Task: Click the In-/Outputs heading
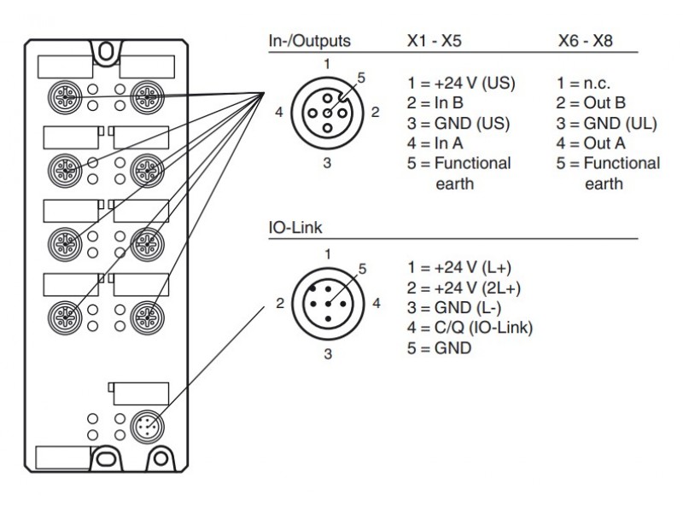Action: click(308, 40)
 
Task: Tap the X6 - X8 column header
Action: click(587, 40)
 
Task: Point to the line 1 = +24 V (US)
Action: click(462, 84)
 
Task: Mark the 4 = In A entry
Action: click(438, 143)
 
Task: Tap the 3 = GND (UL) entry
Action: click(605, 124)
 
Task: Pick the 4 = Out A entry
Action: click(591, 143)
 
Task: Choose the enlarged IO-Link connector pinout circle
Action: click(327, 303)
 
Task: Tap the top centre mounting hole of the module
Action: click(104, 52)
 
